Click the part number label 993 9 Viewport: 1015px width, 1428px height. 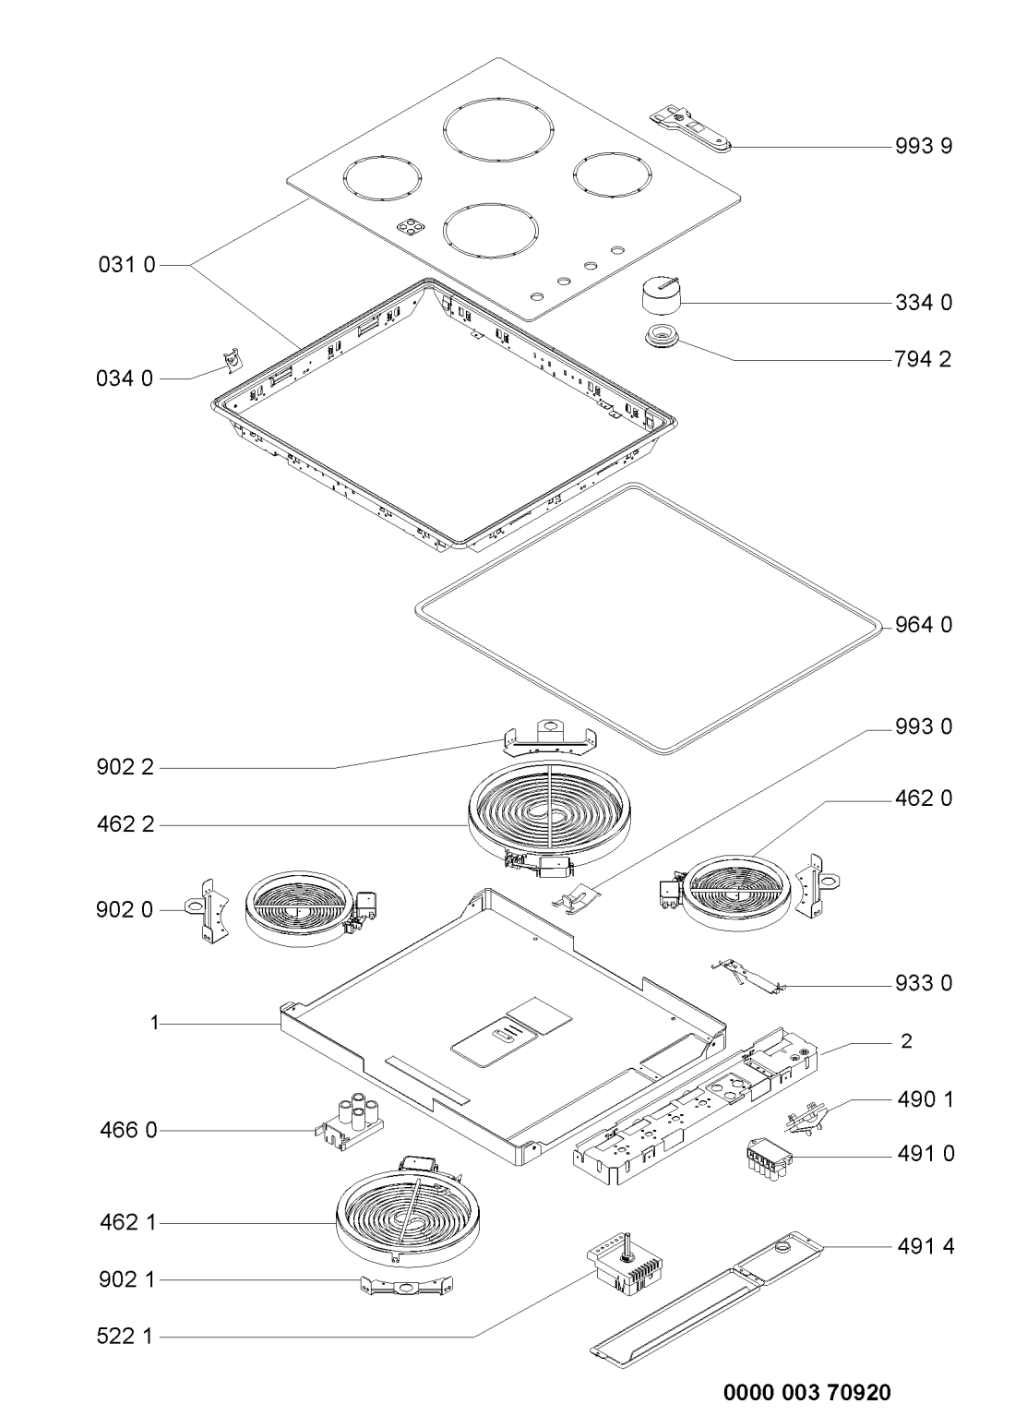pos(924,147)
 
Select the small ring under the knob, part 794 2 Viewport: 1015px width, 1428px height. pos(661,336)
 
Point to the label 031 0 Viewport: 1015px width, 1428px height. pos(126,265)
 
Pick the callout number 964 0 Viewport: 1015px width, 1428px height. pos(924,625)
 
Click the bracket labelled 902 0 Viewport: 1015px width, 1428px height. pos(207,910)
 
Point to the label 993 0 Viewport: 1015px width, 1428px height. pos(924,726)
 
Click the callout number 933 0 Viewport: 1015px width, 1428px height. pos(924,983)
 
